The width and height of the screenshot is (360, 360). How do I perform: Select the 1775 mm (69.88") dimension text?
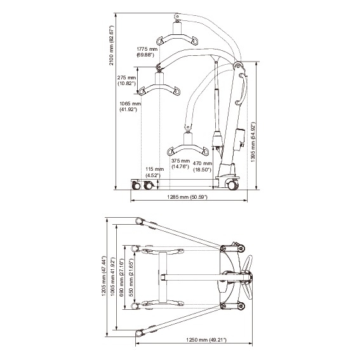(147, 51)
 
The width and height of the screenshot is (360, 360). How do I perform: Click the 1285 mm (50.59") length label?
(187, 198)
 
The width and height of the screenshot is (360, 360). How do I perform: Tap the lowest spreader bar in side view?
(187, 150)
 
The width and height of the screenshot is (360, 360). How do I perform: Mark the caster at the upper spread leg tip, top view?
(139, 221)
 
